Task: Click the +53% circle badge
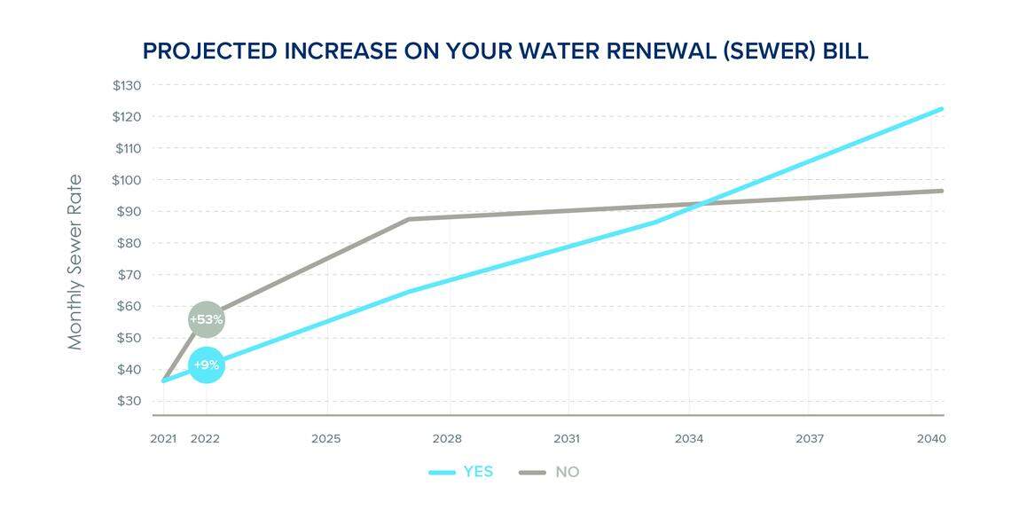point(206,319)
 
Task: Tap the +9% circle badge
point(206,364)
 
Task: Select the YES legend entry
point(461,472)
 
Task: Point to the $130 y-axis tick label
point(128,85)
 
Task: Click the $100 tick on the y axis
point(128,180)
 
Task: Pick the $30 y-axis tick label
point(129,401)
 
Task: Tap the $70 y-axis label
point(129,275)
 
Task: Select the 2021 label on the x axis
point(163,439)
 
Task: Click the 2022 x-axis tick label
point(206,439)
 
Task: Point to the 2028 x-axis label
point(447,439)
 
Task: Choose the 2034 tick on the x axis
point(688,439)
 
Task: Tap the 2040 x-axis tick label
point(931,439)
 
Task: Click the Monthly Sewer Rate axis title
point(75,262)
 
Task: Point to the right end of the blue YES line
point(941,109)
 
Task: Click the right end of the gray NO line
point(941,191)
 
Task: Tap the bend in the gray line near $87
point(409,219)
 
